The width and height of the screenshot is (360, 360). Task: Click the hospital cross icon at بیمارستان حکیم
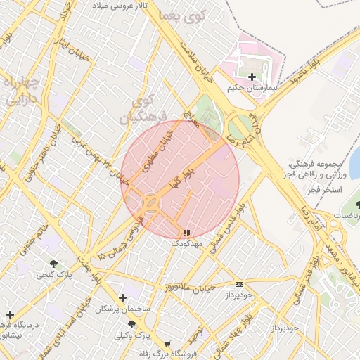click(x=252, y=76)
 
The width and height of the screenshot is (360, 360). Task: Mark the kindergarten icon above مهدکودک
click(x=186, y=233)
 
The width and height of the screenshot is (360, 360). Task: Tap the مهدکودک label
click(x=186, y=243)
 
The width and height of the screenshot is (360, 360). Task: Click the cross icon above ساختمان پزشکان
click(x=123, y=298)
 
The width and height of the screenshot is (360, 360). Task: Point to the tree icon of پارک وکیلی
click(x=131, y=323)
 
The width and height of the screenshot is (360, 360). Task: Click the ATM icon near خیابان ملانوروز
click(x=240, y=284)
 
